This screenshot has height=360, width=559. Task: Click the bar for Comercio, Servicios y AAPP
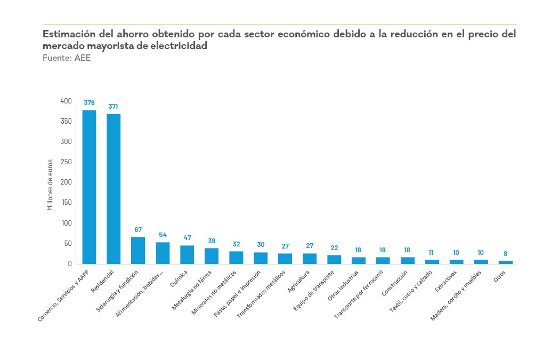(x=89, y=187)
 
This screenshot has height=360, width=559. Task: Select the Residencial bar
(x=114, y=189)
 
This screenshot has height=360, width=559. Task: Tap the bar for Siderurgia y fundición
(x=138, y=250)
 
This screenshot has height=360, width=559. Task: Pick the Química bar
(x=187, y=254)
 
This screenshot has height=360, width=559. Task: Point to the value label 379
(x=89, y=103)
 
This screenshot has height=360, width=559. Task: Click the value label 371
(x=114, y=107)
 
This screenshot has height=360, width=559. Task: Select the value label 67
(x=138, y=230)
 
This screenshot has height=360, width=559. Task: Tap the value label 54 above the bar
(x=163, y=235)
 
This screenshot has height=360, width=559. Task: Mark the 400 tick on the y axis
(x=66, y=101)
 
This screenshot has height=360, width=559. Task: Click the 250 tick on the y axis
(x=66, y=162)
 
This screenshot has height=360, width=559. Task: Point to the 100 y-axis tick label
(x=66, y=223)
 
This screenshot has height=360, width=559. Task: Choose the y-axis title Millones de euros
(x=50, y=185)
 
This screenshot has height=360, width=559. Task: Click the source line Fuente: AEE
(x=59, y=58)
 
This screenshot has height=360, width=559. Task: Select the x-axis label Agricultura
(x=299, y=282)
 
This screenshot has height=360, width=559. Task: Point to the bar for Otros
(x=506, y=262)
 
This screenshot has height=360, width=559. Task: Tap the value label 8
(x=506, y=254)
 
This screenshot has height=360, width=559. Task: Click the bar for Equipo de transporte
(x=334, y=259)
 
